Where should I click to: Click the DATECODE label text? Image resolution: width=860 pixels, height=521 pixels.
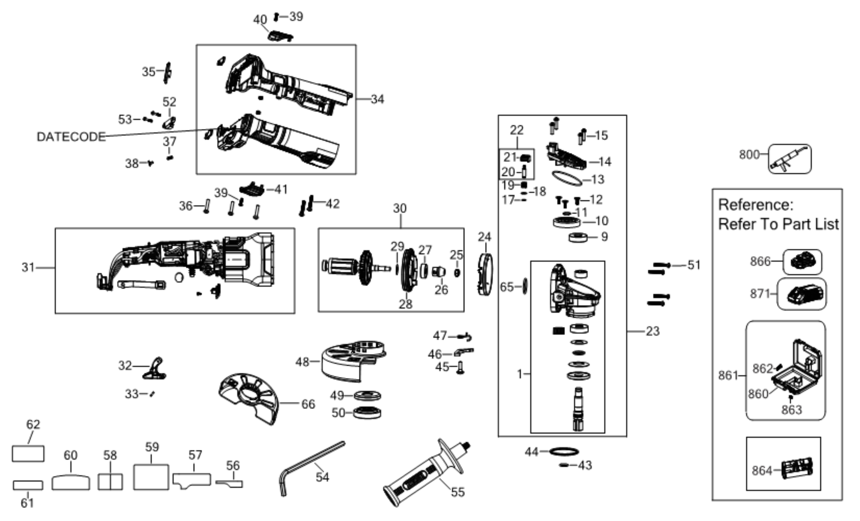[71, 137]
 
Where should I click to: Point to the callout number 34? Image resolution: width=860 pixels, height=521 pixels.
[377, 99]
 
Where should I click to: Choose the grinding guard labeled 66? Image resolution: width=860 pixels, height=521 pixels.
[248, 398]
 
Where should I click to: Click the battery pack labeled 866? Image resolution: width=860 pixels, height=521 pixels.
[802, 262]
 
